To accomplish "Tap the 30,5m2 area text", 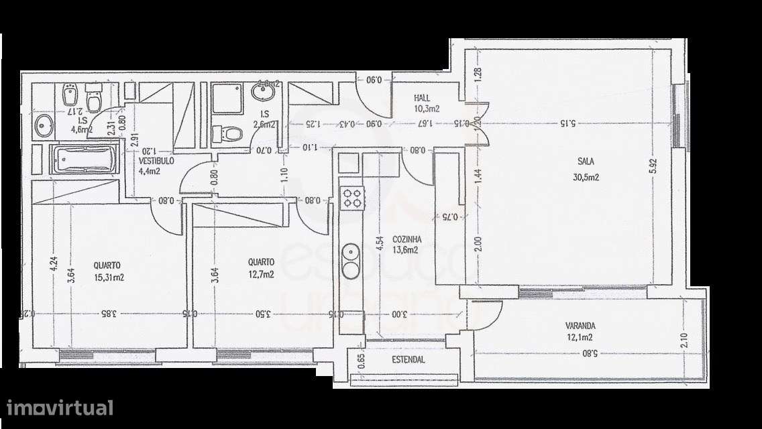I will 587,177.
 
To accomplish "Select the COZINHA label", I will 407,238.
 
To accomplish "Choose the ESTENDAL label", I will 409,360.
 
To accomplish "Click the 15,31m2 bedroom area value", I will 109,277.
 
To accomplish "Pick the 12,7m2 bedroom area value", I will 260,274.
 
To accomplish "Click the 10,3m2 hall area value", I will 427,108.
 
